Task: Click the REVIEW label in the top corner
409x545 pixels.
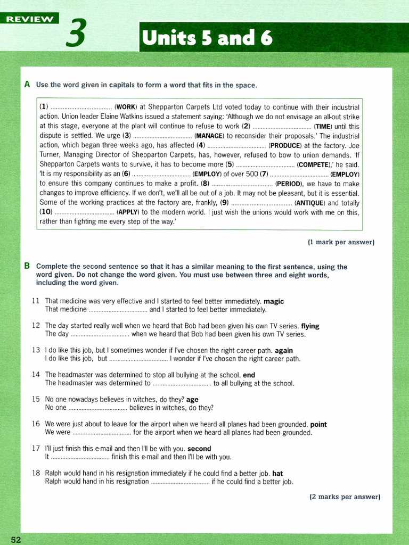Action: pyautogui.click(x=30, y=19)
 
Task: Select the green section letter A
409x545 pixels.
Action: pyautogui.click(x=27, y=85)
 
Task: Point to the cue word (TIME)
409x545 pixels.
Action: pyautogui.click(x=323, y=127)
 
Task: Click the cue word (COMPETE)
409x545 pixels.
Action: pyautogui.click(x=315, y=164)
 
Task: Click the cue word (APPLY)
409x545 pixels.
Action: pyautogui.click(x=128, y=212)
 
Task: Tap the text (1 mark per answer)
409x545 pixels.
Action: pyautogui.click(x=341, y=242)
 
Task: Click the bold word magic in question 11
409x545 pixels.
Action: pyautogui.click(x=274, y=301)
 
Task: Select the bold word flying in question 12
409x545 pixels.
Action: pyautogui.click(x=310, y=326)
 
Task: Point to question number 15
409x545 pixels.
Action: pyautogui.click(x=36, y=399)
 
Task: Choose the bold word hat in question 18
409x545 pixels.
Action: pyautogui.click(x=277, y=473)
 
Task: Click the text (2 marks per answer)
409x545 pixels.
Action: pyautogui.click(x=345, y=497)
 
